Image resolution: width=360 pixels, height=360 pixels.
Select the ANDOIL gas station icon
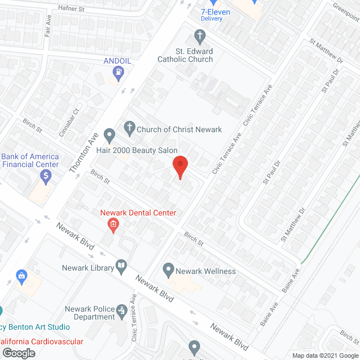point(118,71)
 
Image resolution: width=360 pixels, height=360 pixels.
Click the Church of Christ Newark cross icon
point(129,129)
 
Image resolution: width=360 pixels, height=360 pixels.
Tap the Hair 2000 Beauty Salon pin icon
point(110,136)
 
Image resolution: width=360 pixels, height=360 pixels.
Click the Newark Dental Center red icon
point(113,226)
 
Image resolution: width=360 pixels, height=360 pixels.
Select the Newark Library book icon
point(121,266)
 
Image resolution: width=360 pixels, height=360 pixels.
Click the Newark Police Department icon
point(121,310)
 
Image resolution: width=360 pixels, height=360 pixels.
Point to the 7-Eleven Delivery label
point(209,15)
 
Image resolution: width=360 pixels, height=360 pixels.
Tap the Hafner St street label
point(71,8)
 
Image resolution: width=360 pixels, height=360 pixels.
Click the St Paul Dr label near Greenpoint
point(327,81)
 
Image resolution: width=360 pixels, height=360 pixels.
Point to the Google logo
point(18,353)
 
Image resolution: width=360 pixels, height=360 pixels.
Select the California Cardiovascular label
point(42,342)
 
